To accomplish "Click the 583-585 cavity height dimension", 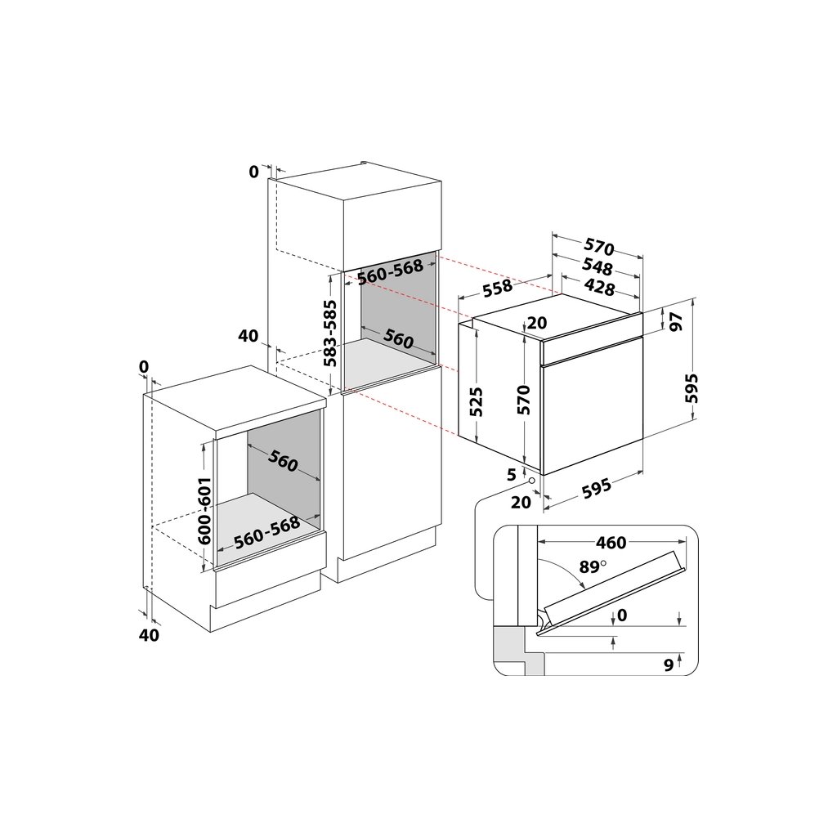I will click(x=329, y=333).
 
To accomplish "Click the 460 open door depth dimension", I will click(x=611, y=543).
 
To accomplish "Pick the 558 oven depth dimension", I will click(x=498, y=287).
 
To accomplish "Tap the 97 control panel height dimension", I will click(x=676, y=321).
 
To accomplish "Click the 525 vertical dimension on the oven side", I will click(x=477, y=401).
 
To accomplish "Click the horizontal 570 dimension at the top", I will click(x=599, y=247).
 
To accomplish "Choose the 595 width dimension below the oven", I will click(x=596, y=488).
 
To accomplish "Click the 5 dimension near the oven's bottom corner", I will click(x=511, y=473).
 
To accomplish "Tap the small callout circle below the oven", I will click(x=532, y=482).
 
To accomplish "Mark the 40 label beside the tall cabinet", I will click(x=248, y=336).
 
